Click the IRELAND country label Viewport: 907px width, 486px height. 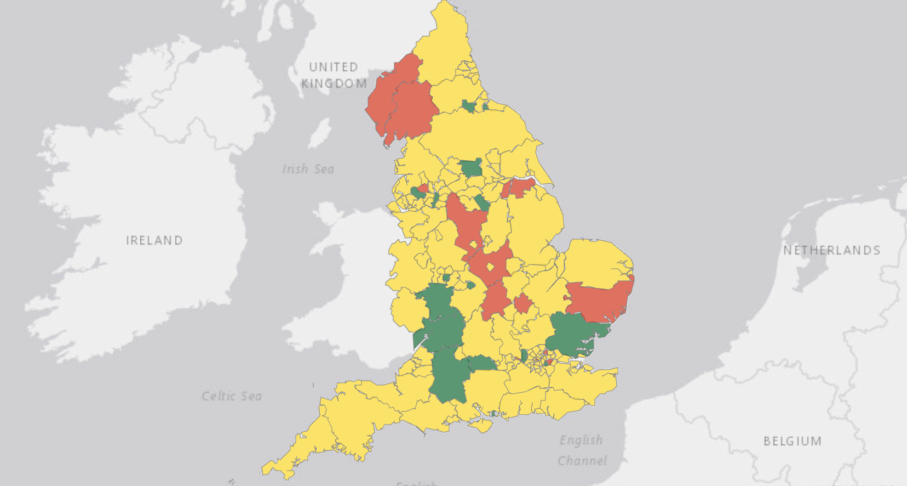click(x=154, y=240)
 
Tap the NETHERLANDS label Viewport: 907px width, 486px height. click(x=831, y=250)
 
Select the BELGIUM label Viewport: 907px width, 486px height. click(x=793, y=441)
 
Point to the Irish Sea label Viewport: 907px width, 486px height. click(x=308, y=169)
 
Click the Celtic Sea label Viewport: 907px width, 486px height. click(x=231, y=396)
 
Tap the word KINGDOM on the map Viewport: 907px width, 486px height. click(x=334, y=83)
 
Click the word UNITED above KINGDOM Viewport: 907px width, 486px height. click(x=333, y=67)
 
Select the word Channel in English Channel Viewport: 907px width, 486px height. click(x=582, y=461)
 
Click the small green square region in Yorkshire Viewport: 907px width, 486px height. click(x=471, y=167)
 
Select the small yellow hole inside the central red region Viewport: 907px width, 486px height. click(x=490, y=268)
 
